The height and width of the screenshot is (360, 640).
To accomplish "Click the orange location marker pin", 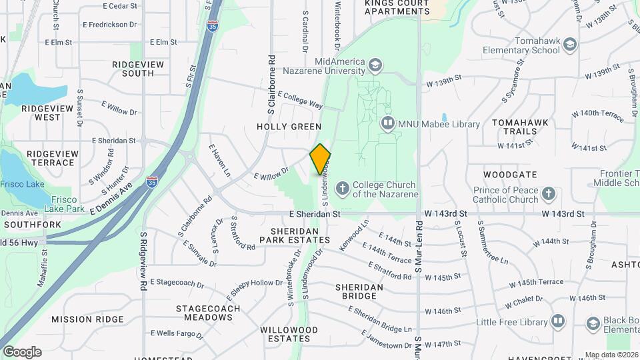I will (321, 159).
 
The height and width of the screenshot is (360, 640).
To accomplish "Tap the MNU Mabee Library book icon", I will (387, 123).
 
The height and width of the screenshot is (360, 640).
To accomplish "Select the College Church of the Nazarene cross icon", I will (343, 189).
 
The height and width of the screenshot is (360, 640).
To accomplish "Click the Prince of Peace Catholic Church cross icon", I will (548, 194).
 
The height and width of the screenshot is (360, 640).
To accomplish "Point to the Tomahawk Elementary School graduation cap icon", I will (569, 45).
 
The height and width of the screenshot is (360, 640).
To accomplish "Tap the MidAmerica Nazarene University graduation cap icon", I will (375, 65).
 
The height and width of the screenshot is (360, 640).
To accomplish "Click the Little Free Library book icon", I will (557, 322).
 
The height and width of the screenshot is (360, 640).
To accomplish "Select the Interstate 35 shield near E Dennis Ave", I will (152, 181).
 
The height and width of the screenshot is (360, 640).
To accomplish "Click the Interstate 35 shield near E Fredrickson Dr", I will (212, 26).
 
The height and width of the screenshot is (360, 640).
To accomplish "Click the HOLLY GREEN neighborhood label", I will (289, 127).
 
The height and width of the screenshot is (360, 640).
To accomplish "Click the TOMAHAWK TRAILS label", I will (514, 127).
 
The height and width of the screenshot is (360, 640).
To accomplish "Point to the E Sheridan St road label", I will (315, 215).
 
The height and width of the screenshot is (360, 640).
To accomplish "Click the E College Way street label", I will (300, 101).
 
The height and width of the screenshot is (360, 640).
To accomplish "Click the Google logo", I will (22, 352).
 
